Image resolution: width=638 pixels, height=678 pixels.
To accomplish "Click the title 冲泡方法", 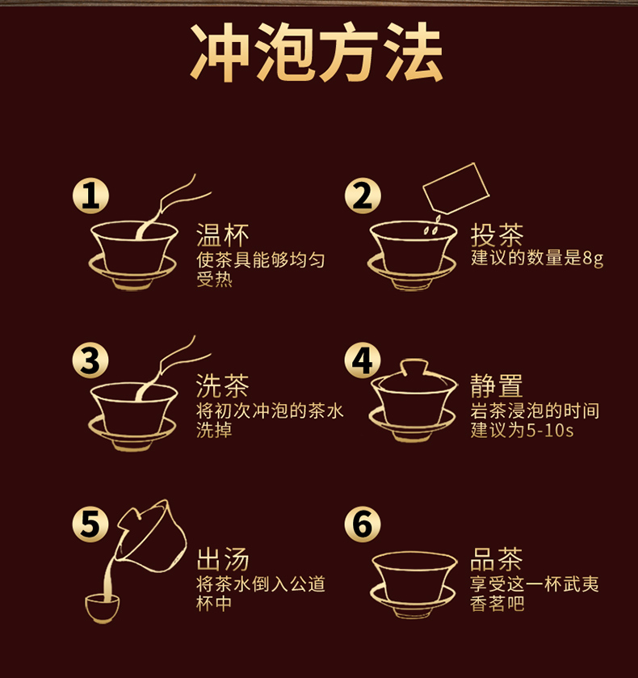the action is (x=317, y=52).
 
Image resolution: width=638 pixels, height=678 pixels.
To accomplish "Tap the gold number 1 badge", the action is (x=90, y=196).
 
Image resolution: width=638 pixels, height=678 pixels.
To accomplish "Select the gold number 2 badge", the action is (x=363, y=196).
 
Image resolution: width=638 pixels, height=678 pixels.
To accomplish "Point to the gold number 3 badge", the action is (x=90, y=360).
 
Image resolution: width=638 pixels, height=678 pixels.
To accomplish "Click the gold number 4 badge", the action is (x=363, y=360).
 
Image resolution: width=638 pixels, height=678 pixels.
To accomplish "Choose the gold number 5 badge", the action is (x=90, y=524).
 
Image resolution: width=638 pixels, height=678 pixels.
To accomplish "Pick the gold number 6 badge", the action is (x=363, y=524).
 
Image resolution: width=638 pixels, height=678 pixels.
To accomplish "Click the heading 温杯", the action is (x=223, y=235).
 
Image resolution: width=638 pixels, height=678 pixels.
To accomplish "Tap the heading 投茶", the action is (x=497, y=235).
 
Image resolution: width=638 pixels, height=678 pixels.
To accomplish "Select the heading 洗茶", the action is (x=223, y=385).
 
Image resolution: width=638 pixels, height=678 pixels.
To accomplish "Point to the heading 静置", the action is (x=497, y=385).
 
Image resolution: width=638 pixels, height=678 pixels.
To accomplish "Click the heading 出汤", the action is (x=223, y=559).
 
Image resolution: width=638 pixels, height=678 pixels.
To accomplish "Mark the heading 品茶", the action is (x=497, y=559).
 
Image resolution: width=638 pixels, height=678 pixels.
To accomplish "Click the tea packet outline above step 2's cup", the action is (x=455, y=188).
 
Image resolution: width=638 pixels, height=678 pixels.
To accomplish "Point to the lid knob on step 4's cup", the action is (x=414, y=367).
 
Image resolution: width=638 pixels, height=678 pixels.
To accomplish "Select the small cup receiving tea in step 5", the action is (x=102, y=608).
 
